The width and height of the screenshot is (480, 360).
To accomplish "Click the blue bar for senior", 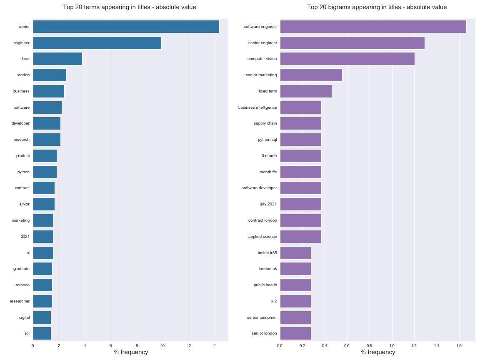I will coord(126,27).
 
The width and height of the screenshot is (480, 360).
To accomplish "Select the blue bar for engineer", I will coord(97,43).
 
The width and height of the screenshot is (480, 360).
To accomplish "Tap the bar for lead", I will coord(57,59).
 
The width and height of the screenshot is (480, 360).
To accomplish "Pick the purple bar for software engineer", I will coord(373,27).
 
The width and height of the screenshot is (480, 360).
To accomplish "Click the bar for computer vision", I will coord(347,59).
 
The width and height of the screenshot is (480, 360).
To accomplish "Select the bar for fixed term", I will coord(306,91).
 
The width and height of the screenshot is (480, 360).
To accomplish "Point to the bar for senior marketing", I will coord(311,75).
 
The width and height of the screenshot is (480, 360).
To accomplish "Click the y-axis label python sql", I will coord(267,140).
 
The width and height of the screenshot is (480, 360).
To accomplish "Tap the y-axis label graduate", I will coord(21,269).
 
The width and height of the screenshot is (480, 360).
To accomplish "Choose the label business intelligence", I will coord(257,107).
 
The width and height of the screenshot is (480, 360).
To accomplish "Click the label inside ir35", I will coord(267,252).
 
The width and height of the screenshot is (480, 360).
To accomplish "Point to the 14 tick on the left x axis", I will coord(215,345).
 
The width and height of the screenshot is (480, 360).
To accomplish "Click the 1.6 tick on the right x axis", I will coord(459,345).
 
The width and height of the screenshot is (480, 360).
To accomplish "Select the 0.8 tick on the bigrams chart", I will coord(369,345).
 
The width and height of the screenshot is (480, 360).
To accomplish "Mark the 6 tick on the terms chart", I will coord(111,345).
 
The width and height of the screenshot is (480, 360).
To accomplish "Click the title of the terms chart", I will coord(129,7).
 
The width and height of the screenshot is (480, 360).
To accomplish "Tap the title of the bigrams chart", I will coord(377,7).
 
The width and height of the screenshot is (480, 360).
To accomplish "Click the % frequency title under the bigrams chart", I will coord(377,352).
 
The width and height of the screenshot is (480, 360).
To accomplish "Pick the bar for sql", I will coord(42,333).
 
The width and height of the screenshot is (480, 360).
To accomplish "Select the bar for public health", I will coord(295,285).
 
